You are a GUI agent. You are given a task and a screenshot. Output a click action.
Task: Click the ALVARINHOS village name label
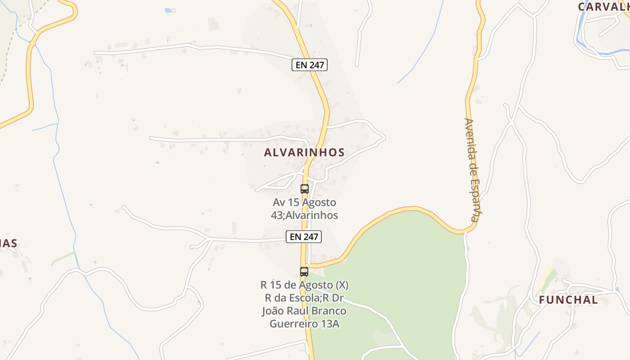click(304, 153)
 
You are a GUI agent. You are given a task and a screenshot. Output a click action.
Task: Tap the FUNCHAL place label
click(568, 300)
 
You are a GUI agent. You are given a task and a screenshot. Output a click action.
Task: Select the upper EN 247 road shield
click(310, 65)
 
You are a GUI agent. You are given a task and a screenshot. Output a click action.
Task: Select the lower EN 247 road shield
click(304, 237)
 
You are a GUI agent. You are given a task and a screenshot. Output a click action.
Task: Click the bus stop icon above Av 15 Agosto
click(305, 189)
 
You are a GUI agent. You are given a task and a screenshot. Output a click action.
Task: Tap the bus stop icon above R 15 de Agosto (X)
click(304, 272)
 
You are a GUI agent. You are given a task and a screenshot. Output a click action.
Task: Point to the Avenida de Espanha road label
click(471, 170)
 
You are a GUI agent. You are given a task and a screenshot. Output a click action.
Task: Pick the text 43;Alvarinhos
click(304, 215)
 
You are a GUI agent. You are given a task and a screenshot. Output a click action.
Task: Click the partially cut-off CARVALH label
click(603, 6)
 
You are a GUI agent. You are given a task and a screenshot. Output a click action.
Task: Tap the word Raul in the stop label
click(301, 311)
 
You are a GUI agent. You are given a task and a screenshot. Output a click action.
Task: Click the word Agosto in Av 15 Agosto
click(319, 202)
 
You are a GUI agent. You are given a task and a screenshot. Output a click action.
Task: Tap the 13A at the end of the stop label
click(330, 324)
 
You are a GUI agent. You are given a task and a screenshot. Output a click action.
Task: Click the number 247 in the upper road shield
click(316, 65)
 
